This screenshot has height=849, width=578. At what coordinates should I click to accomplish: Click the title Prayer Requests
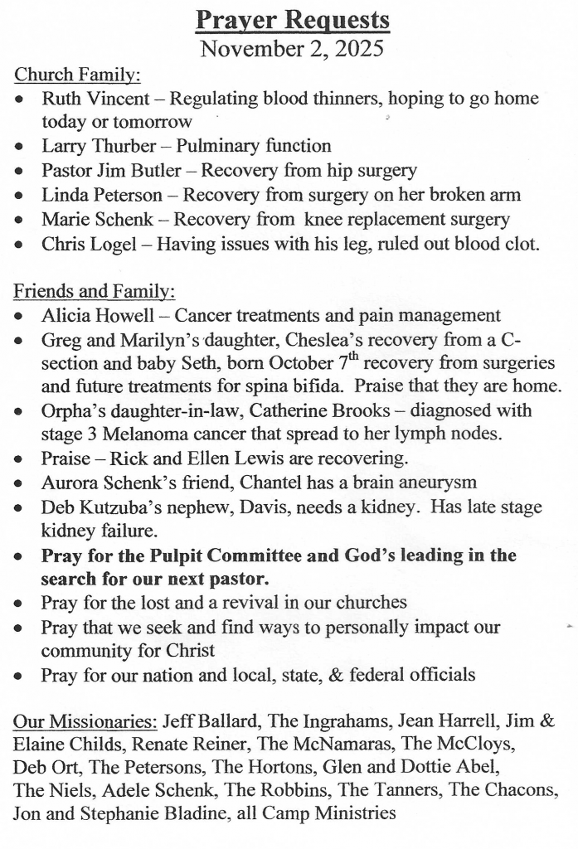[x=292, y=19]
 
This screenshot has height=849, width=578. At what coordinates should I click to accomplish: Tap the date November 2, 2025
[x=292, y=48]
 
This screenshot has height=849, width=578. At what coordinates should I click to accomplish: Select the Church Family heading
[x=77, y=75]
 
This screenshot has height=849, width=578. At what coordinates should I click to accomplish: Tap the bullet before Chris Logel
[x=18, y=245]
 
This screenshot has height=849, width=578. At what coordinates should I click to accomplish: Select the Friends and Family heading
[x=95, y=292]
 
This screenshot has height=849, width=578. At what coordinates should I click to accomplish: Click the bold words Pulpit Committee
[x=216, y=555]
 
